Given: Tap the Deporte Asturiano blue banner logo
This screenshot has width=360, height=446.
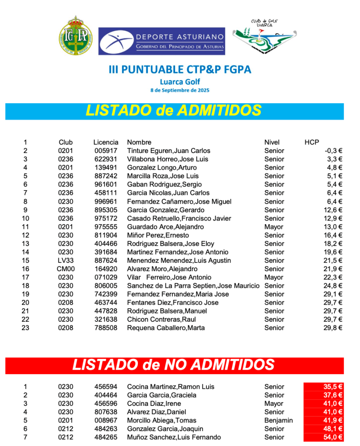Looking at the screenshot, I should (161, 41).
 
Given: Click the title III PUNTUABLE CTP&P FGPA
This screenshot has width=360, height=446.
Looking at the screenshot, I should (180, 70).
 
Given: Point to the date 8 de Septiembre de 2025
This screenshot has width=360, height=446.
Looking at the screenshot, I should (180, 90).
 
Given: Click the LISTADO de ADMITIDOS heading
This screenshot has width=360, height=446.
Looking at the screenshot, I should (174, 111).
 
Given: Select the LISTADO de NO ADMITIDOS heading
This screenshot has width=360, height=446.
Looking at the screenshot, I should (174, 365).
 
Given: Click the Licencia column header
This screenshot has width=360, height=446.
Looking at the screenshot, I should (106, 142).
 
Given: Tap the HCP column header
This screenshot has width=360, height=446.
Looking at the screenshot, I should (312, 142).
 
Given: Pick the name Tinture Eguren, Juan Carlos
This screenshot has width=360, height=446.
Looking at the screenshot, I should (168, 151).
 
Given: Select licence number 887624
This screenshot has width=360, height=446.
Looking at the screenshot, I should (106, 261).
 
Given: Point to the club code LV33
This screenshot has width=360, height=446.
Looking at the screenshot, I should (66, 261).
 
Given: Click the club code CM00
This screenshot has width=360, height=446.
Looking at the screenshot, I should (66, 269).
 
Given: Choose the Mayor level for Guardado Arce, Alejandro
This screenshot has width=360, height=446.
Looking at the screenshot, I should (274, 227).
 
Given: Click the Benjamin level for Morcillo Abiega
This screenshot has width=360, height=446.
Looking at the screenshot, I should (278, 421).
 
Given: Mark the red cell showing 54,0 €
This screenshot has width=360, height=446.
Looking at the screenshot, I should (323, 437).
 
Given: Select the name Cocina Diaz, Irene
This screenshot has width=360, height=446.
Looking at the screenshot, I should (154, 404).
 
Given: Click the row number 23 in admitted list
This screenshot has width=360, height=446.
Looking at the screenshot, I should (25, 328).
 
